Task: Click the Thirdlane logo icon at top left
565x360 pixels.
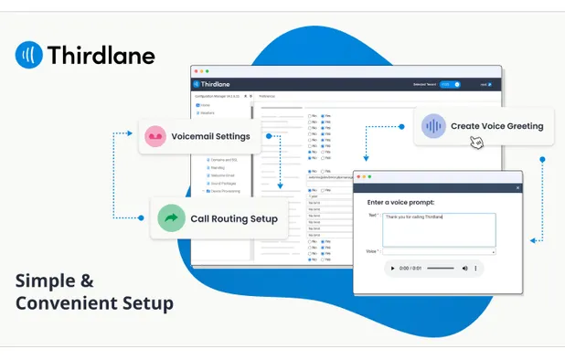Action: pos(29,55)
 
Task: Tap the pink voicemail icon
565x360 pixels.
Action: pos(155,136)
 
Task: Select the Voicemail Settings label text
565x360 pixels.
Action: pos(210,136)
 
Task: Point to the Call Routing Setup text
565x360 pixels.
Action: pos(234,219)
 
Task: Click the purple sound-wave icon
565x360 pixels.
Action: pos(433,126)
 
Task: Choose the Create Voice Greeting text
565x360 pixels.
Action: pos(496,126)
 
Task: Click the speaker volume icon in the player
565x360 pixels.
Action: pos(464,268)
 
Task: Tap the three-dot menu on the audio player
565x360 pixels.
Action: pos(477,268)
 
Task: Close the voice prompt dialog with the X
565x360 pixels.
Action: pos(517,188)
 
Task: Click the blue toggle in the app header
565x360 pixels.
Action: pos(450,84)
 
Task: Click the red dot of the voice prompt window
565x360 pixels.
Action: pos(359,176)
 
